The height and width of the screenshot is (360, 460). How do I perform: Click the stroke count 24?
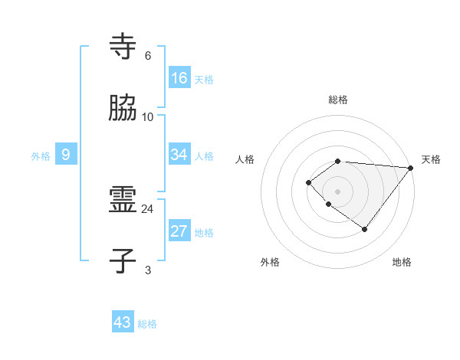pos(148,208)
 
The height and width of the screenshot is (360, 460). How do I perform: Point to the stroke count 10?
pos(148,117)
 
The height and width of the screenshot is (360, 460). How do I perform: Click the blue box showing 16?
pos(179,78)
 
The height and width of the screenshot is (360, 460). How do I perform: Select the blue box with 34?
pos(179,155)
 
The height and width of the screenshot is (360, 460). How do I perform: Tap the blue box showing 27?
pos(179,232)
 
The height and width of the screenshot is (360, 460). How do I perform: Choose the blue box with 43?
pos(123,322)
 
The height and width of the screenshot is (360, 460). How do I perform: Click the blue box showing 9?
pos(66,155)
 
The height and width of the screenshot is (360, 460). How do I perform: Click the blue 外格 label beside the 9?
pos(41,156)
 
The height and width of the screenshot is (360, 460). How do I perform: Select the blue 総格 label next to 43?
pos(147,324)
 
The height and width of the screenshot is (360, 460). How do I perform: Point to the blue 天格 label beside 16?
pos(204,80)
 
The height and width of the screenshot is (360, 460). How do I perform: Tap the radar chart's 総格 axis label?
pos(338,100)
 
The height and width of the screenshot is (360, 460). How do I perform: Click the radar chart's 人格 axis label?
pos(245,159)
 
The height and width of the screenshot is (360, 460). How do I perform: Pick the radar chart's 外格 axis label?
pos(270,262)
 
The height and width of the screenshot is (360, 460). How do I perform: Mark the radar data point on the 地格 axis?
pos(365,229)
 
